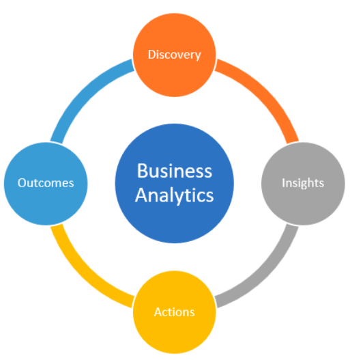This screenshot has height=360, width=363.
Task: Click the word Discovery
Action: [x=174, y=54]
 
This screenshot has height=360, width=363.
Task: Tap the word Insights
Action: [x=302, y=183]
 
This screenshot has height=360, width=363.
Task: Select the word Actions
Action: [x=174, y=312]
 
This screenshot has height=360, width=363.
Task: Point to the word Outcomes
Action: [x=45, y=183]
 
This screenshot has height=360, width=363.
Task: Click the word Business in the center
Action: [x=174, y=171]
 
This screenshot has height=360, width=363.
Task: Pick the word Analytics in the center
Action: [x=174, y=195]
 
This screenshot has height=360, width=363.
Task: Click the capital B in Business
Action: [x=141, y=171]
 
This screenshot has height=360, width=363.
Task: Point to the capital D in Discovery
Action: [x=151, y=54]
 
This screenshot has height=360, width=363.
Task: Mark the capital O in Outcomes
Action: [x=21, y=183]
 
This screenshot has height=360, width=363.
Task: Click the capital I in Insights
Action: [x=283, y=183]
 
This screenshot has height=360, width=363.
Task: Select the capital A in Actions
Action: [x=158, y=312]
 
